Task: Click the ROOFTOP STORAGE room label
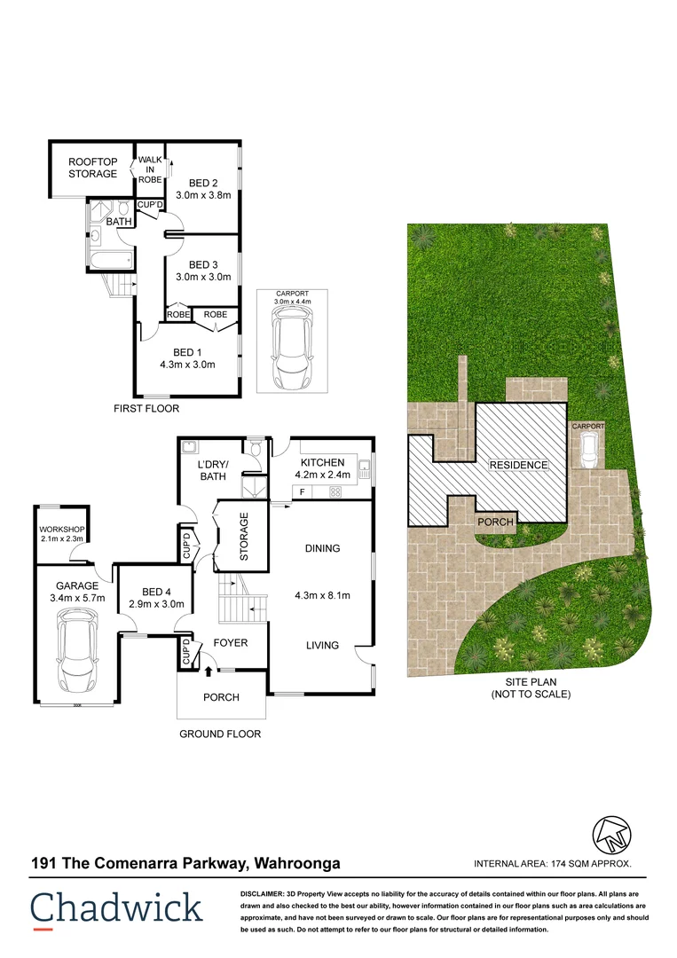coord(92,168)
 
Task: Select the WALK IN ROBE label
coord(149,169)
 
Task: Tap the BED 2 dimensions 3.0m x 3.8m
coord(203,195)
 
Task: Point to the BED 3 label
coord(203,264)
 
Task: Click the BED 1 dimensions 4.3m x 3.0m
coord(188,364)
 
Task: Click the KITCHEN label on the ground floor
coord(322,462)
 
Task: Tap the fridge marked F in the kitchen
coord(303,491)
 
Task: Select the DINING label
coord(322,548)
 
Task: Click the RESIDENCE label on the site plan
coord(516,465)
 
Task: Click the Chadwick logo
coord(116,908)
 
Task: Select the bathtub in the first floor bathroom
coord(110,260)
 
